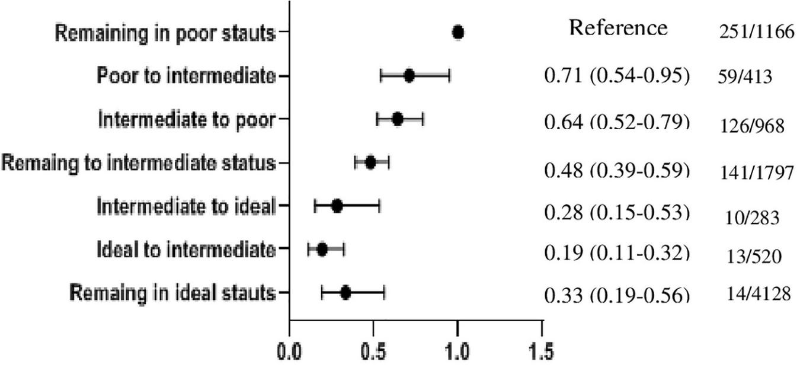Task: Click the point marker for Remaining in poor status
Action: click(x=457, y=33)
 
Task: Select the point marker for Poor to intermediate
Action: click(x=409, y=76)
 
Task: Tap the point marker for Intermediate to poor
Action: click(x=397, y=119)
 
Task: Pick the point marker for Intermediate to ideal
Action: click(x=337, y=206)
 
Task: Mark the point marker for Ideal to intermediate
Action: click(x=322, y=249)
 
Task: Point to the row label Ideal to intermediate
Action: click(x=186, y=249)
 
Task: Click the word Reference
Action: click(x=618, y=28)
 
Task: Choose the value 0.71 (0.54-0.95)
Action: click(x=616, y=78)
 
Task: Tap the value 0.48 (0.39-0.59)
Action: click(x=616, y=170)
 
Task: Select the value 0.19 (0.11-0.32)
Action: click(x=616, y=252)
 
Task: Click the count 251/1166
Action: click(x=756, y=33)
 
